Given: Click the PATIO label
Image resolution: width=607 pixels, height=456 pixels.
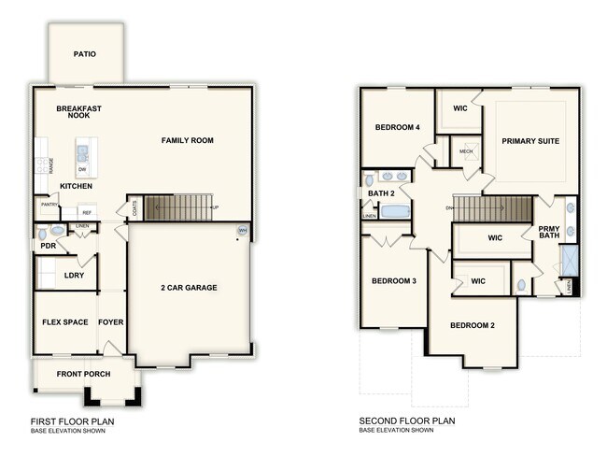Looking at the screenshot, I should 85,54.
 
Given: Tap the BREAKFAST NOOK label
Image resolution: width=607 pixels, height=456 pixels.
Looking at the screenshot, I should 78,112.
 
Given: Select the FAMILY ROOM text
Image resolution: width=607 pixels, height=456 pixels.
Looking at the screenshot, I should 187,141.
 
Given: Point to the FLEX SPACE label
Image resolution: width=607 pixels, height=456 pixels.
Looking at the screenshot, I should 65,322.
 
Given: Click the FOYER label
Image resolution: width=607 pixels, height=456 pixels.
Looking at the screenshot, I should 111,322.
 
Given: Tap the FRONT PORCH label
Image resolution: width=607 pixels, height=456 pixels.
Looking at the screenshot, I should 84,375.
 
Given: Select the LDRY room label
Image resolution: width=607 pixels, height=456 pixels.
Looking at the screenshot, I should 75,276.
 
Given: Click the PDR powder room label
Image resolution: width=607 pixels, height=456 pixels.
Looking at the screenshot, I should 48,246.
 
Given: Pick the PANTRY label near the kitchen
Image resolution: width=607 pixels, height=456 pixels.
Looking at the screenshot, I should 49,204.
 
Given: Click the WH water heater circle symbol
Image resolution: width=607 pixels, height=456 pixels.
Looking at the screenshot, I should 243,231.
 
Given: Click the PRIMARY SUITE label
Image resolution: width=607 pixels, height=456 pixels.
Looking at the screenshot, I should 529,141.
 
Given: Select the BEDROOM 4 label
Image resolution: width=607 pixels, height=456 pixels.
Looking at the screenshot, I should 398,127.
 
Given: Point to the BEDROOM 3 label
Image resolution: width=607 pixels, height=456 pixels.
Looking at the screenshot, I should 394,281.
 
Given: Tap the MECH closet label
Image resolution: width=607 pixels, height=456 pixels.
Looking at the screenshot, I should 465,150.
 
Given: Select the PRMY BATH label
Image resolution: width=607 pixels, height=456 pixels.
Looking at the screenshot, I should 547,231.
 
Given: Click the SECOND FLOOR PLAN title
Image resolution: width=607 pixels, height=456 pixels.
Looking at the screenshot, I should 407,421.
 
